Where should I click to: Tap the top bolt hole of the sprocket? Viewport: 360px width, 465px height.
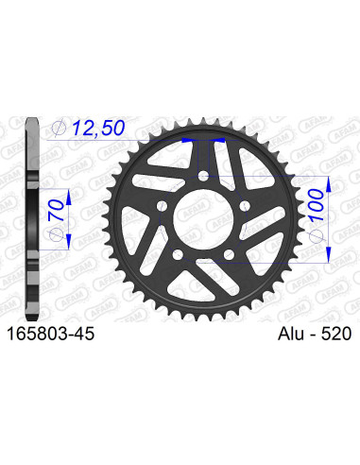coord(206,176)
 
